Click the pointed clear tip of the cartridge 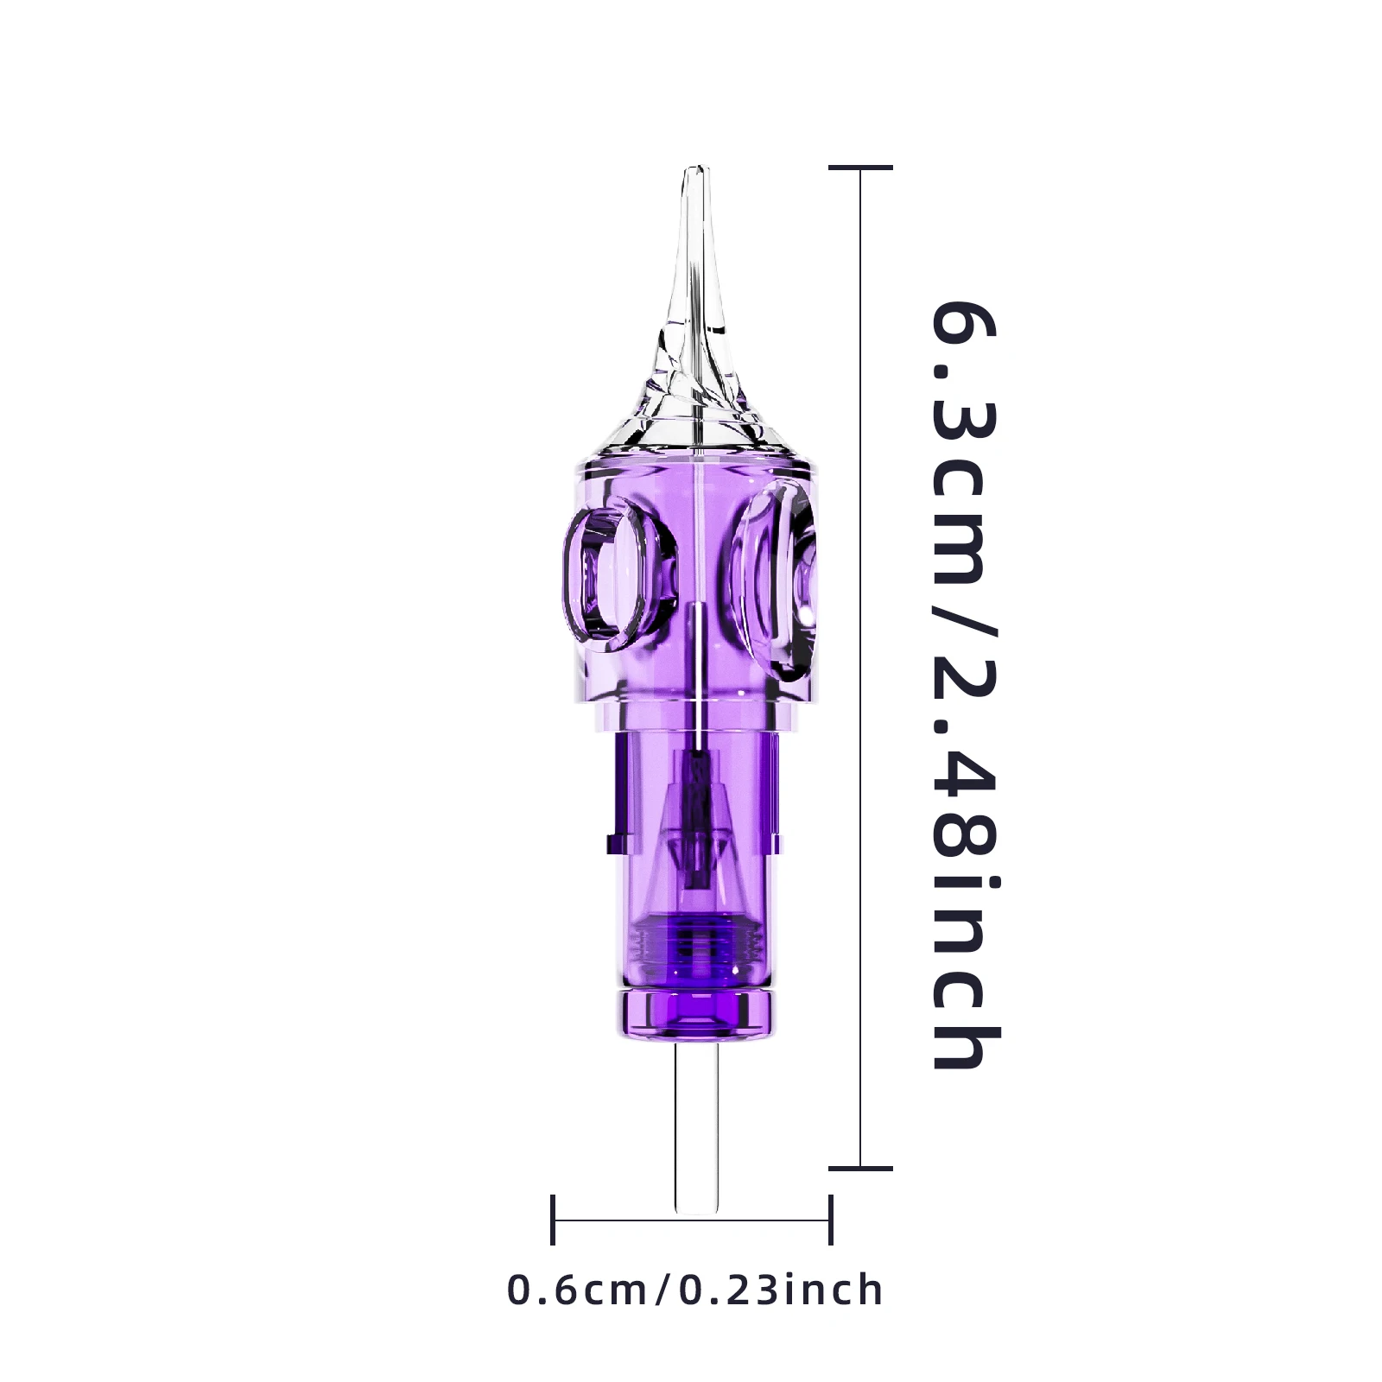[x=697, y=173]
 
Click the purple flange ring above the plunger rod [x=695, y=1011]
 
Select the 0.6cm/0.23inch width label [x=695, y=1290]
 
